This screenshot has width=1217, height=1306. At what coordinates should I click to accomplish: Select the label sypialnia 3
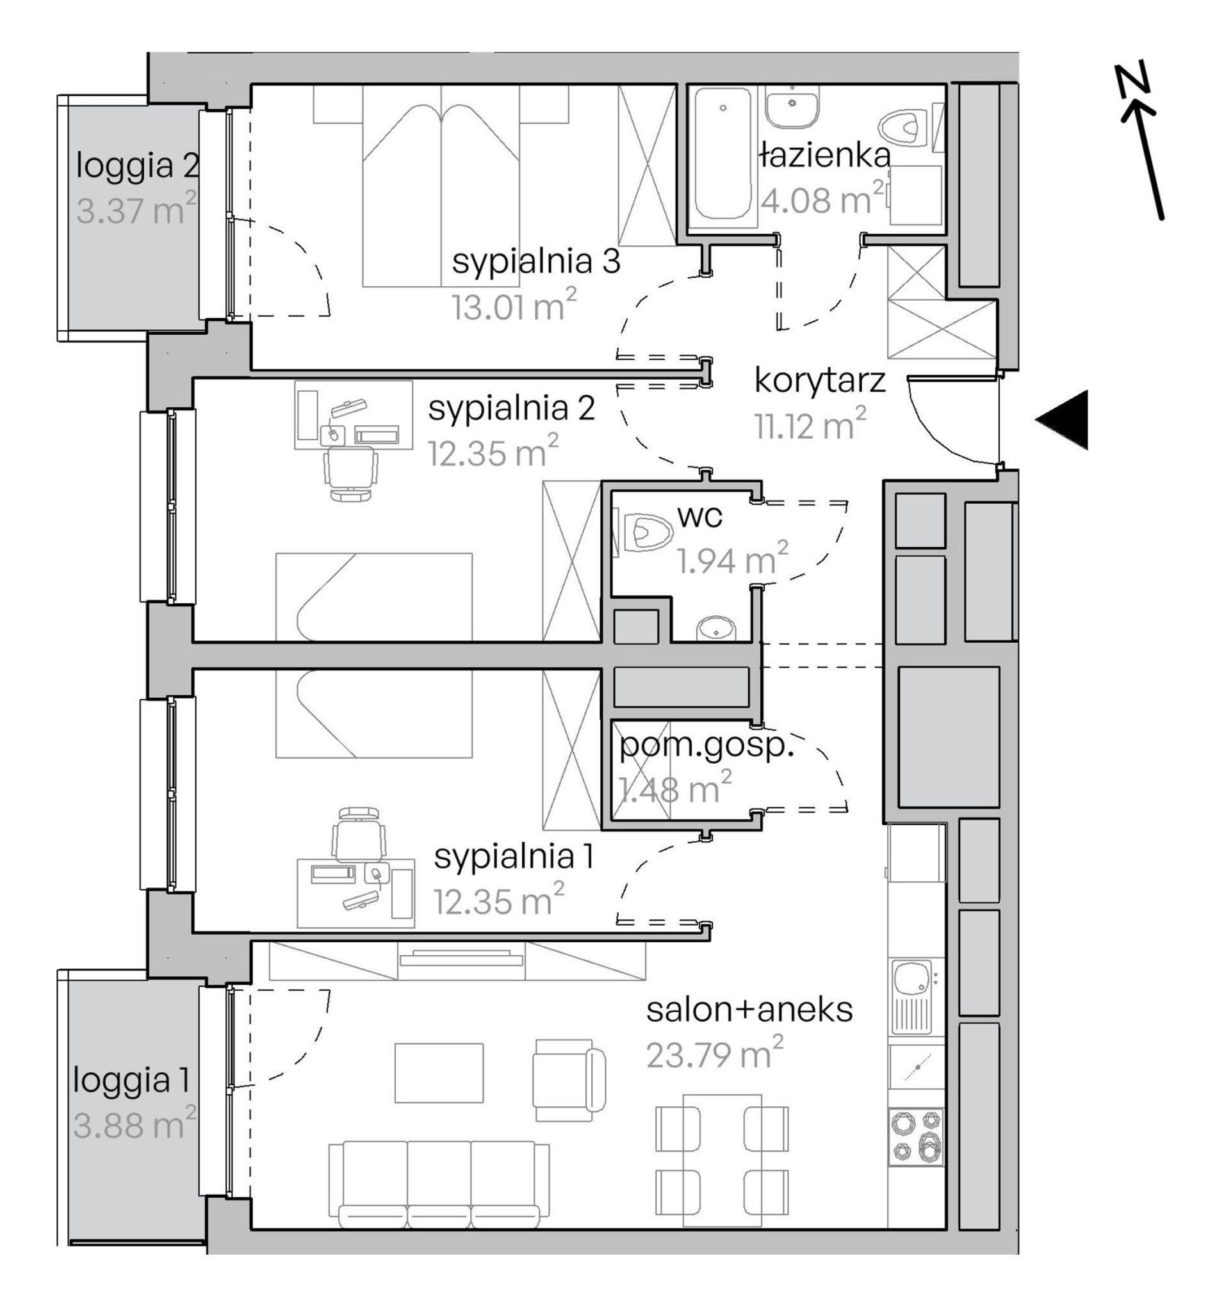(535, 262)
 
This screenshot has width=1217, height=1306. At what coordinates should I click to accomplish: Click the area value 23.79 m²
(714, 1054)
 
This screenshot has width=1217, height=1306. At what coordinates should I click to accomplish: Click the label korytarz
(819, 381)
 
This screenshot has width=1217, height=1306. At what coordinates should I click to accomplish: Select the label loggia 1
(131, 1081)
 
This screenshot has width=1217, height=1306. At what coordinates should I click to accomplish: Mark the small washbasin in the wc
(716, 627)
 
